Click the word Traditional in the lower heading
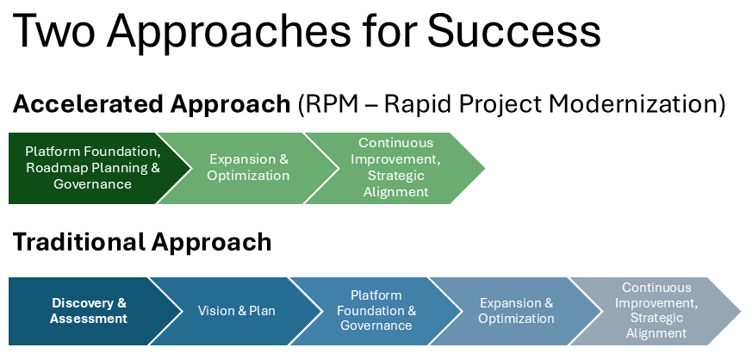(x=79, y=242)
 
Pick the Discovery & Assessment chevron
(x=86, y=311)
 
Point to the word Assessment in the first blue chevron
(x=89, y=319)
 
